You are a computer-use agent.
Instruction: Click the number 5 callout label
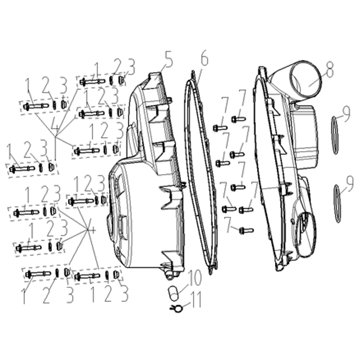pyautogui.click(x=168, y=59)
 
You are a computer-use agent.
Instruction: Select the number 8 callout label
pyautogui.click(x=329, y=69)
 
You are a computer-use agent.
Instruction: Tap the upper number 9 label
pyautogui.click(x=346, y=113)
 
